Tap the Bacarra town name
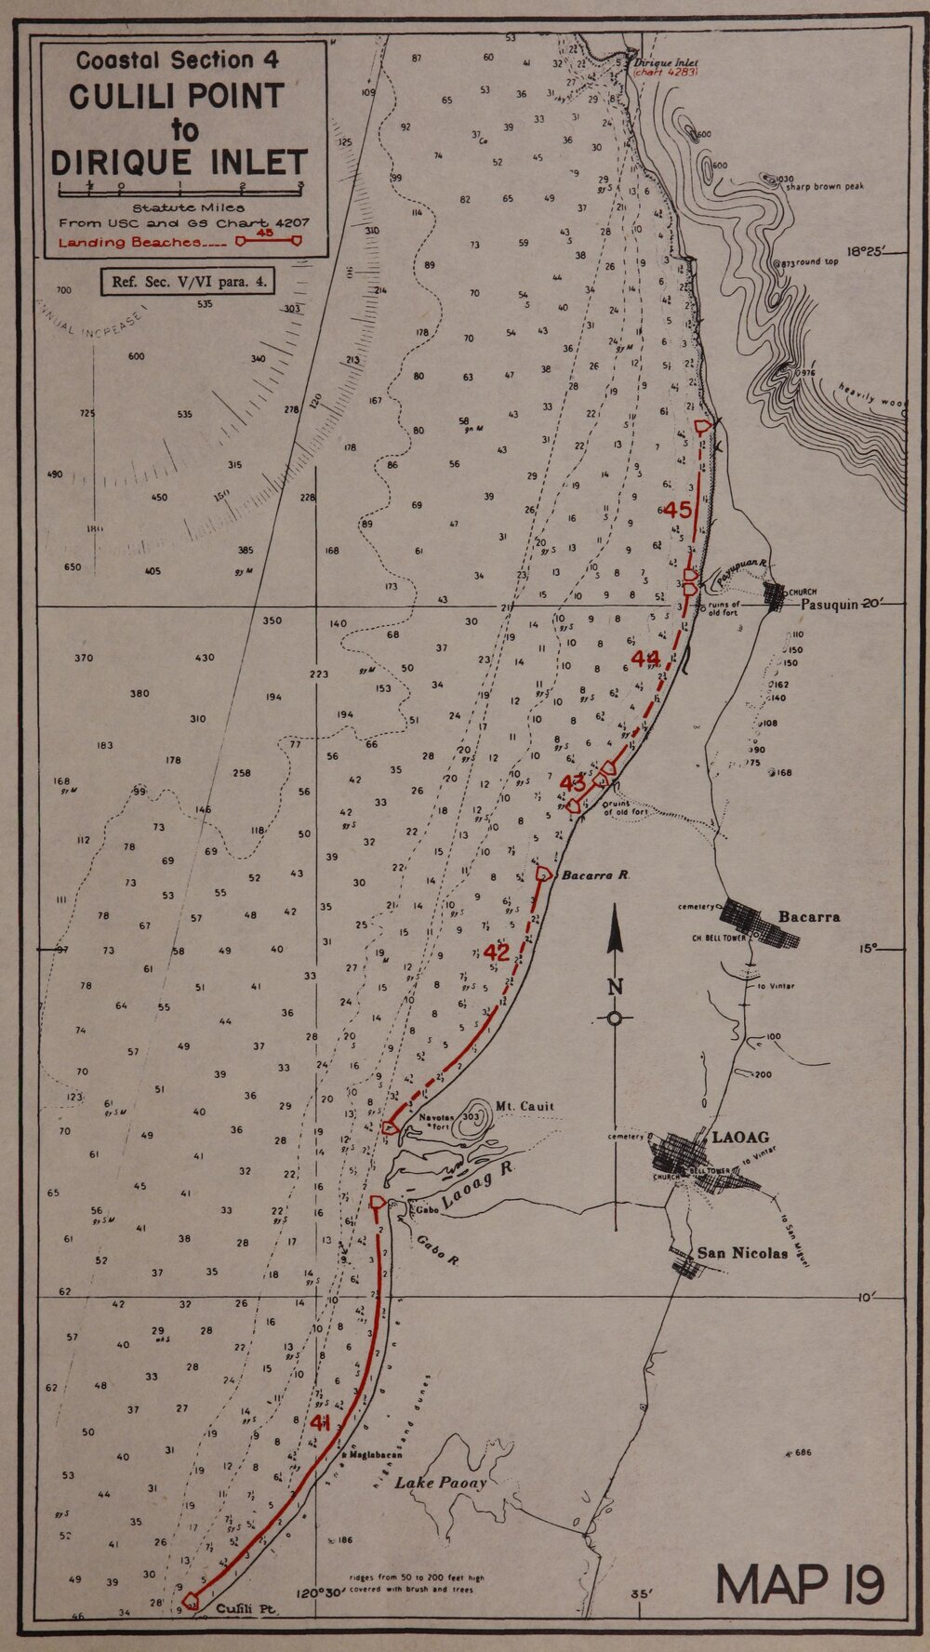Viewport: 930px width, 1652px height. (x=809, y=916)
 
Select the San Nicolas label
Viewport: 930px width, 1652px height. (x=742, y=1253)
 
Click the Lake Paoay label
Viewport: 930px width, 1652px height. (x=441, y=1483)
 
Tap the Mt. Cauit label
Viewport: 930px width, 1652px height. (x=525, y=1106)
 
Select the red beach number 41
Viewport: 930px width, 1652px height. (x=322, y=1422)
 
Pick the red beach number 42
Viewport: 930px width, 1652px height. (x=498, y=953)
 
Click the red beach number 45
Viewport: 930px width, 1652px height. (x=677, y=509)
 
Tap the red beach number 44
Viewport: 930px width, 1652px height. (x=644, y=659)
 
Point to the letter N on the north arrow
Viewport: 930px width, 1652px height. (x=614, y=988)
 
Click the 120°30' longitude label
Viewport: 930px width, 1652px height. (x=322, y=1619)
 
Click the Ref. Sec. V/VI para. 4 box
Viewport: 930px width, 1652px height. (x=187, y=282)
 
